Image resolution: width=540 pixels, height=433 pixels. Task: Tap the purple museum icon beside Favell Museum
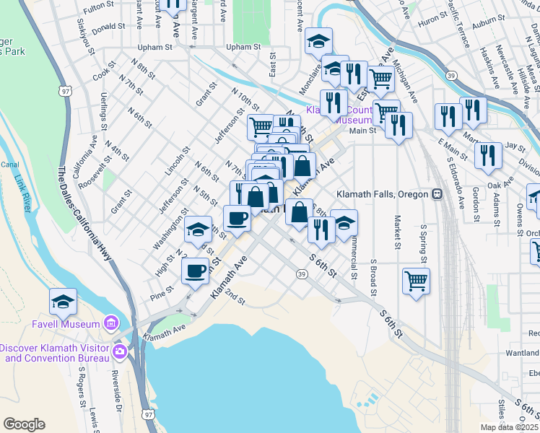tap(110, 322)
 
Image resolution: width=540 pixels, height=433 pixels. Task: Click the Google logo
tap(24, 424)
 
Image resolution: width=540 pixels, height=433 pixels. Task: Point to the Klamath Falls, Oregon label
tap(383, 194)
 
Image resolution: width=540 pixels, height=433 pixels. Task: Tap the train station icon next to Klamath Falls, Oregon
tap(437, 194)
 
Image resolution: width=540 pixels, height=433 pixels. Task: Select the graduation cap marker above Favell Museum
tap(63, 302)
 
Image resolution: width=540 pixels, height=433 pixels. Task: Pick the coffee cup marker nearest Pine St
tap(195, 271)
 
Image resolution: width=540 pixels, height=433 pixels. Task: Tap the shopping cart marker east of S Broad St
tap(417, 280)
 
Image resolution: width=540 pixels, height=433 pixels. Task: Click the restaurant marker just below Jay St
tap(489, 155)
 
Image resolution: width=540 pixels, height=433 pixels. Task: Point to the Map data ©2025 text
tap(509, 427)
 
